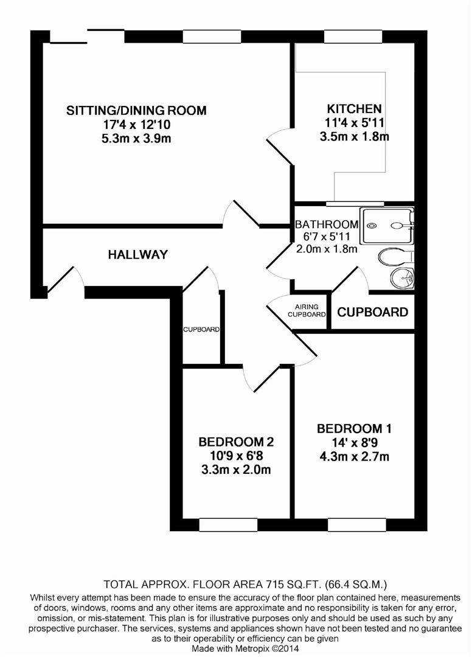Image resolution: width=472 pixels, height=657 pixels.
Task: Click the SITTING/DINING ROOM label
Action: [136, 111]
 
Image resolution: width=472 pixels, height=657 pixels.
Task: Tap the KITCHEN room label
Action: [355, 109]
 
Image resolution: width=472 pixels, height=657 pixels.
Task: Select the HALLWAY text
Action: [138, 254]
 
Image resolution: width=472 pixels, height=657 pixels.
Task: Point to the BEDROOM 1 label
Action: [354, 429]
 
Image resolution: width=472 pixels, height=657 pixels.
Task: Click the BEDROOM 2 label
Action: [236, 442]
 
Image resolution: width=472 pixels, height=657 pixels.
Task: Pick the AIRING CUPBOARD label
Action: [307, 310]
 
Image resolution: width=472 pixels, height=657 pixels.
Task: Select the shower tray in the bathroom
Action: [388, 226]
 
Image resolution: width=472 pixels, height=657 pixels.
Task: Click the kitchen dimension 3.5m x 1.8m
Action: [355, 137]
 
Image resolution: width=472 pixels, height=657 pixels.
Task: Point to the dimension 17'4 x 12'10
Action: [136, 125]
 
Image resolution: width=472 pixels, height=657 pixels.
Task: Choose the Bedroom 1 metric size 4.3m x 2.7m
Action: [355, 456]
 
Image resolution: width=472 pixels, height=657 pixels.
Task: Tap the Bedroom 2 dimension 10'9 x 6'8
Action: [236, 456]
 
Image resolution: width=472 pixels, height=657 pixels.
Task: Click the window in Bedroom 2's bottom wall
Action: [228, 524]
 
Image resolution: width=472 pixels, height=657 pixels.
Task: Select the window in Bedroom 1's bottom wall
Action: [357, 524]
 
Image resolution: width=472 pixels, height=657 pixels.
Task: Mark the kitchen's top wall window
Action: [353, 36]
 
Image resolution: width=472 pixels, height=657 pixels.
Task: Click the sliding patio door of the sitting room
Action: [87, 36]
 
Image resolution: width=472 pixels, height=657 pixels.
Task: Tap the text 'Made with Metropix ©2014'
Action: [245, 648]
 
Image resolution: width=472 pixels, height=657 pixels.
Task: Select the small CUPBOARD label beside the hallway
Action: [201, 329]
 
